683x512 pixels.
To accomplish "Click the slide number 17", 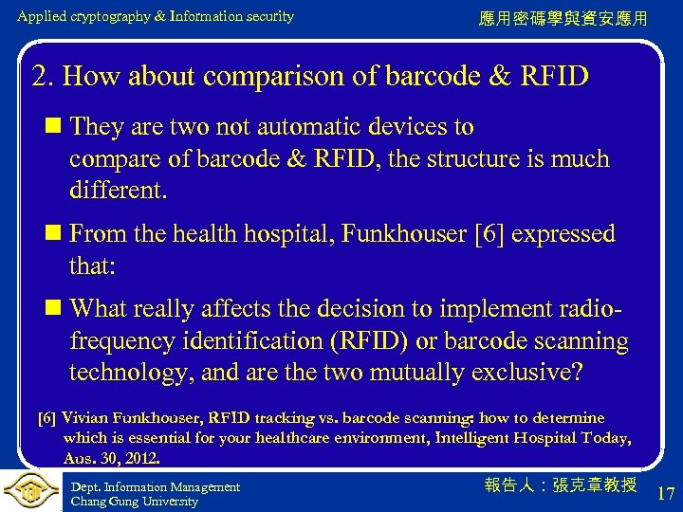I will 666,492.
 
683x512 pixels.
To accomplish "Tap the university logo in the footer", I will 30,491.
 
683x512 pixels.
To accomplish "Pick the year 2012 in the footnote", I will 142,458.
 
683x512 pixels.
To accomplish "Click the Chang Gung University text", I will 135,502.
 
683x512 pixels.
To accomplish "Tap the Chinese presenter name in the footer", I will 560,485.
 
